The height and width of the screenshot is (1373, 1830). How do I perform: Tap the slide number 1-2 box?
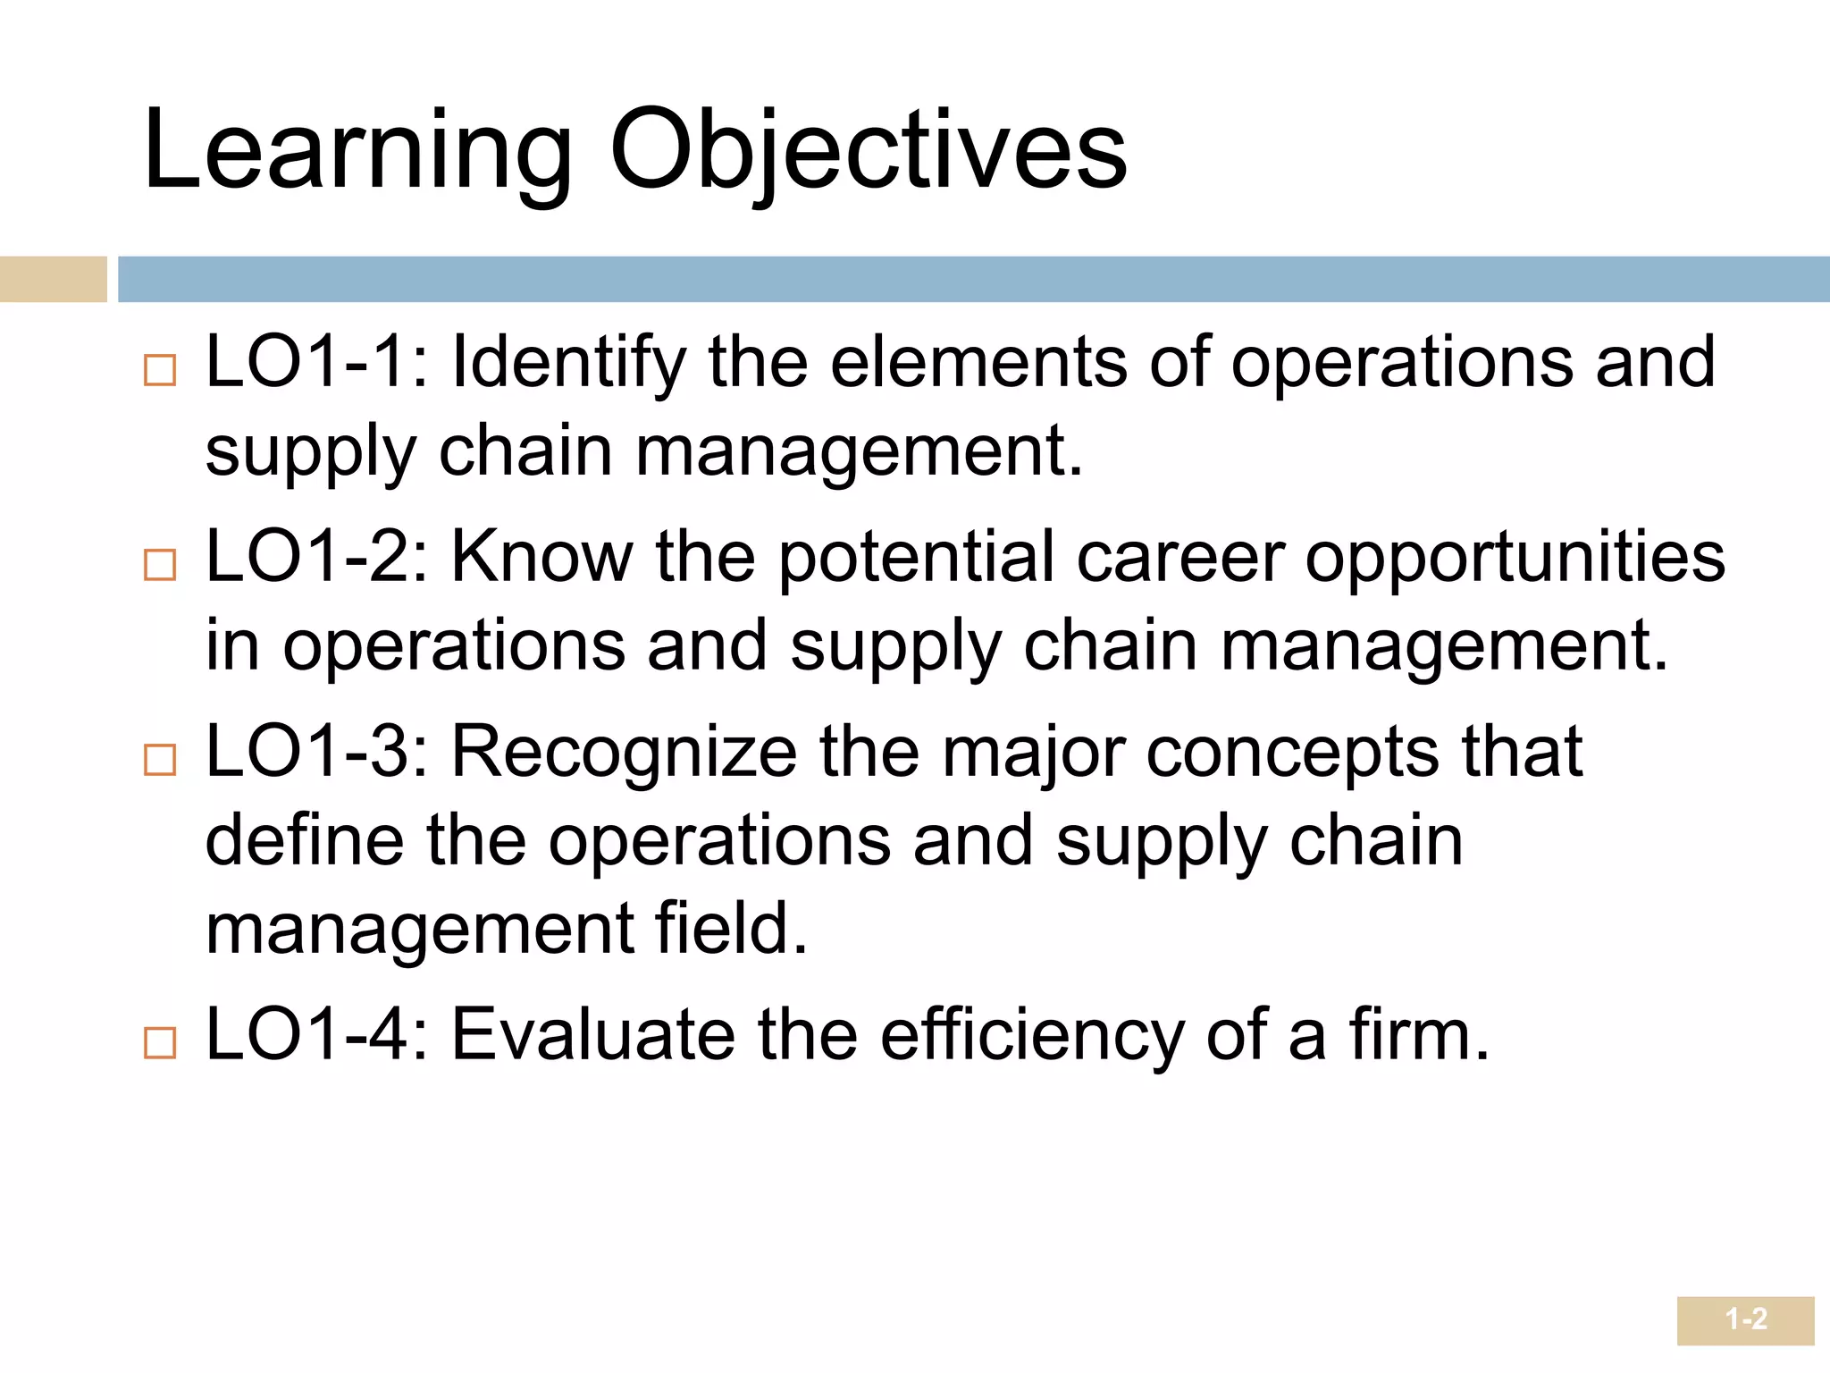tap(1745, 1319)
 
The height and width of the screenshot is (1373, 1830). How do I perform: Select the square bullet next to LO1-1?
tap(160, 370)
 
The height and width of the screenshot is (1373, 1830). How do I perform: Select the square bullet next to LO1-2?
tap(160, 565)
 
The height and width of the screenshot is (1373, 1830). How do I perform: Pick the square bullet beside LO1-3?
tap(160, 760)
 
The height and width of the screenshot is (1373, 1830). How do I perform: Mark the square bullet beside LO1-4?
tap(160, 1043)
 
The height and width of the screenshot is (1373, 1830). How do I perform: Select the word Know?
tap(542, 557)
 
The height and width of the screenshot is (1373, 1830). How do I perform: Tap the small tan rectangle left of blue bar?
tap(53, 279)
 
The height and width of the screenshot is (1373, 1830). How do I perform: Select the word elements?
tap(978, 362)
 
